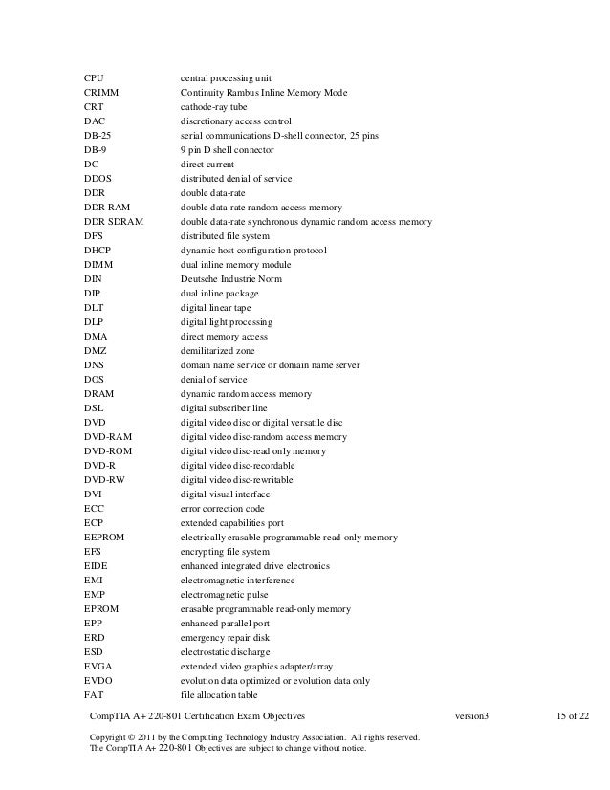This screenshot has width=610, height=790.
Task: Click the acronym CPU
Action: click(x=94, y=77)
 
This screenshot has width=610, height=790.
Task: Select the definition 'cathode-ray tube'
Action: click(x=214, y=107)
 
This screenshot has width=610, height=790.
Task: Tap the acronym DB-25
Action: click(x=98, y=136)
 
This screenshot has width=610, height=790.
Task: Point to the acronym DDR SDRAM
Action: click(x=113, y=222)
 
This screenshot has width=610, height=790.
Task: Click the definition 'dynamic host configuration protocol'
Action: click(x=253, y=251)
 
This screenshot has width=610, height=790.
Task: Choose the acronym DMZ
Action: click(x=95, y=351)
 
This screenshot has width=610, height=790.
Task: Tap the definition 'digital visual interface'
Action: click(x=226, y=494)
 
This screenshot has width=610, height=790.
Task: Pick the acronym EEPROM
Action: click(x=103, y=538)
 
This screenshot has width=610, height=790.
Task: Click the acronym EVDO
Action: click(x=98, y=681)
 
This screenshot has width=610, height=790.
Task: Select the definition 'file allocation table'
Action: click(x=220, y=695)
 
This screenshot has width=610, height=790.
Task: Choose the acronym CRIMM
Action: click(x=100, y=93)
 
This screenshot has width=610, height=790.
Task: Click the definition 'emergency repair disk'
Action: click(x=225, y=638)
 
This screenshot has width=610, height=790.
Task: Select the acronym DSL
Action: click(x=94, y=408)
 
